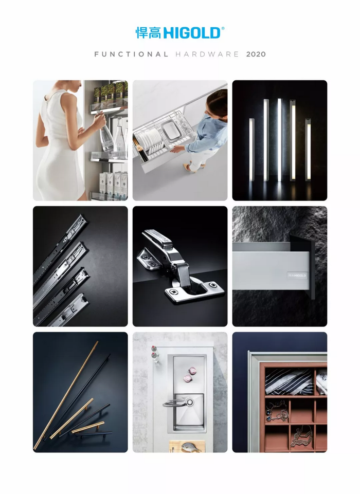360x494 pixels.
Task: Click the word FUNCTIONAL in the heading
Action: (x=131, y=54)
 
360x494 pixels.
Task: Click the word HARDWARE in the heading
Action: (x=207, y=54)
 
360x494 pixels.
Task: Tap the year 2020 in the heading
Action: (x=256, y=54)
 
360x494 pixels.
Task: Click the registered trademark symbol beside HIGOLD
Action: (x=223, y=28)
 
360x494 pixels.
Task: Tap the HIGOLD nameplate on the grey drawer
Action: (x=297, y=276)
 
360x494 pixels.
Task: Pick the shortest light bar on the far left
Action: (x=251, y=150)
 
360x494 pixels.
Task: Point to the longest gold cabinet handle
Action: (x=66, y=395)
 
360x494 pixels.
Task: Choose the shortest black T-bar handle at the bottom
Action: (x=94, y=434)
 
